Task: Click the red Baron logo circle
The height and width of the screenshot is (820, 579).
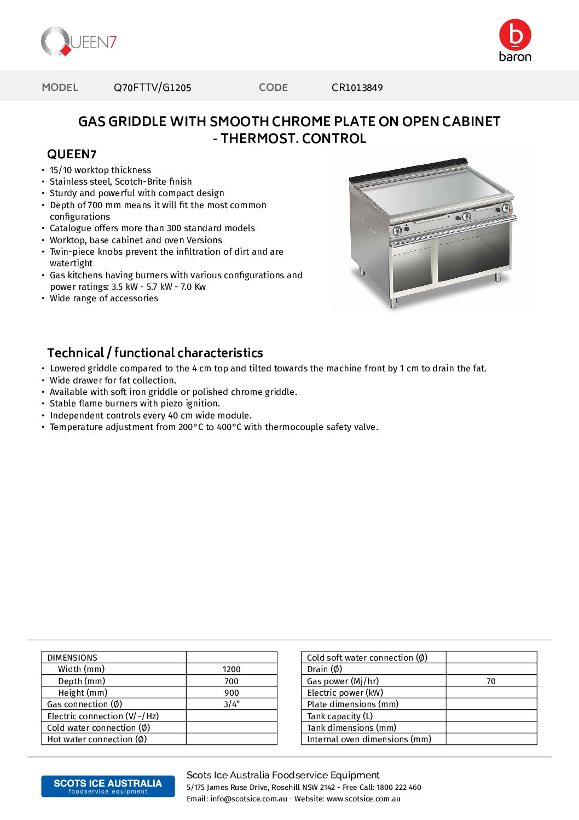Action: click(515, 35)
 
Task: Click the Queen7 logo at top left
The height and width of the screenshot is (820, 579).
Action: click(79, 42)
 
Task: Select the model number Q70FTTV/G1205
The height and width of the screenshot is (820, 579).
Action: click(152, 88)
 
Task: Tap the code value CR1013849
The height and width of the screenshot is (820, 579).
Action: click(357, 88)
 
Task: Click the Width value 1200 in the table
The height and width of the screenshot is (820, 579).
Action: click(231, 669)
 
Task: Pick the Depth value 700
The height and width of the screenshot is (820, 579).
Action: click(231, 681)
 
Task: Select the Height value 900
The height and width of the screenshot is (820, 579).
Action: click(231, 693)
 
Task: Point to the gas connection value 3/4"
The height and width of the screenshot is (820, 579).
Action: click(231, 704)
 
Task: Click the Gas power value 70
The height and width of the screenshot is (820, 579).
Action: click(491, 681)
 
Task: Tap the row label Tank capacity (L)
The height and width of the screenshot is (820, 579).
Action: click(340, 716)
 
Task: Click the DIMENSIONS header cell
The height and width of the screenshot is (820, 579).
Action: click(72, 658)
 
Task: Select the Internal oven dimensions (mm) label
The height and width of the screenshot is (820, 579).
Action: click(369, 739)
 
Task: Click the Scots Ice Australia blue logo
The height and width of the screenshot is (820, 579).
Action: click(108, 786)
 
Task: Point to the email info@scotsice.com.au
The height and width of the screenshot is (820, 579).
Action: click(248, 799)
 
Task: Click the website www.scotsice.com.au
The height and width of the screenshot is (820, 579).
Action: click(363, 799)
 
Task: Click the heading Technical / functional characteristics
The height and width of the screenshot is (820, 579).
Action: click(155, 353)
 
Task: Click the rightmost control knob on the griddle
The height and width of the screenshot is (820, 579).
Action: click(506, 209)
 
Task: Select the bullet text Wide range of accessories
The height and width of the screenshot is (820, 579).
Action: click(104, 299)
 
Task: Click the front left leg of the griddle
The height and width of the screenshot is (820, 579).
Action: click(393, 303)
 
